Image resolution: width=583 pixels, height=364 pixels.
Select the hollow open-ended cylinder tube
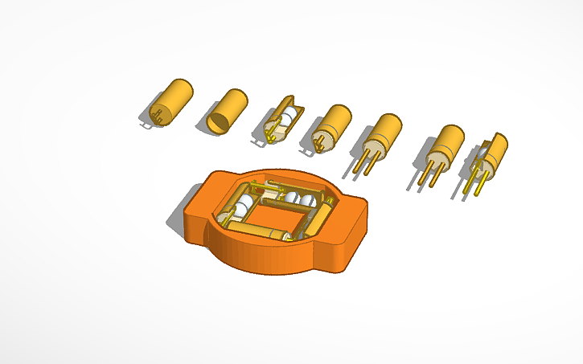227,110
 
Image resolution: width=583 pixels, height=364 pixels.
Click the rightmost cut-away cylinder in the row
488,156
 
